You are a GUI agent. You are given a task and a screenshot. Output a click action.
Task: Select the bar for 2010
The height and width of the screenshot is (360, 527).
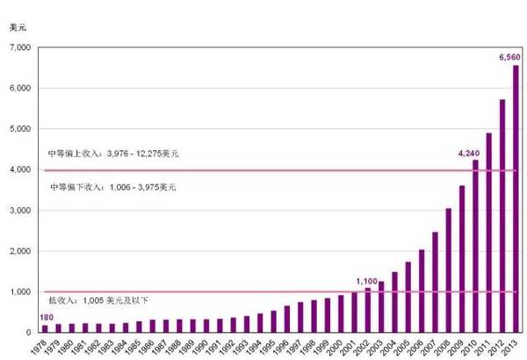pos(475,246)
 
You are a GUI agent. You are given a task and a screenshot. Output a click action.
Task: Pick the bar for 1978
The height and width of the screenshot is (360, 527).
pos(45,328)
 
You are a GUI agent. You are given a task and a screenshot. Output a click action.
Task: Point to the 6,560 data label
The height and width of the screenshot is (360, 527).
pos(509,57)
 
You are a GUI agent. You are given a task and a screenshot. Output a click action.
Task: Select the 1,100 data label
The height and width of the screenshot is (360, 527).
pos(366,281)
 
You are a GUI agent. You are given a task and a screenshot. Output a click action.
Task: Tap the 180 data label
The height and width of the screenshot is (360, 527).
pos(46,318)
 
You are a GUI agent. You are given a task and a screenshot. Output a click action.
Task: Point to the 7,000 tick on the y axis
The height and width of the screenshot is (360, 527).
pos(19,47)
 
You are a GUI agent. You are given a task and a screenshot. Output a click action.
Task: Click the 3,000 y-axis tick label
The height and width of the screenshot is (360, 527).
pos(19,211)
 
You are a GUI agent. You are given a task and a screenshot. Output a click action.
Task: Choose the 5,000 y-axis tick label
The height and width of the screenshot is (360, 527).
pos(19,129)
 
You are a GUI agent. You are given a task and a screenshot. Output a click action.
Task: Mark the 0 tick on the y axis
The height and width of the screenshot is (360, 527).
pos(27,333)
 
